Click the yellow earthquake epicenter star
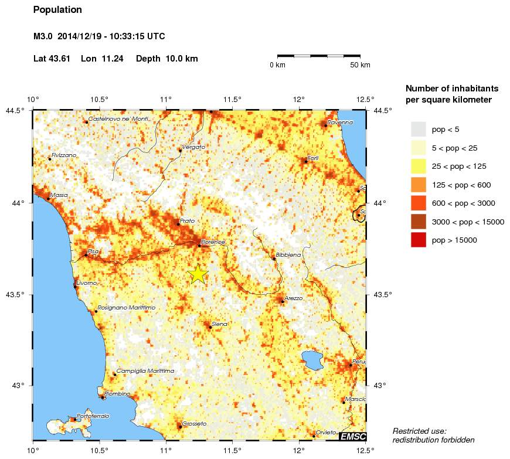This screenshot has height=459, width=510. click(198, 274)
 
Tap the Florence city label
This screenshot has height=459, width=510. click(213, 242)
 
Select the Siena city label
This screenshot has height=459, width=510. click(219, 324)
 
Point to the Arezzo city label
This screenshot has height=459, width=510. click(293, 298)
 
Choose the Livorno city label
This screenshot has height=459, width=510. click(87, 283)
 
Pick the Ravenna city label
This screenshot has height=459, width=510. click(341, 122)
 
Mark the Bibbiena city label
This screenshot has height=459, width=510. click(288, 255)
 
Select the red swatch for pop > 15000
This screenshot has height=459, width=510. click(418, 240)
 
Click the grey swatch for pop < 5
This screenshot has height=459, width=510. click(418, 129)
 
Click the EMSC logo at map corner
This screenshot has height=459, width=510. click(352, 436)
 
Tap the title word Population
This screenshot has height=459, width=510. click(57, 10)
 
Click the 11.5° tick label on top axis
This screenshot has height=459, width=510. click(233, 98)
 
